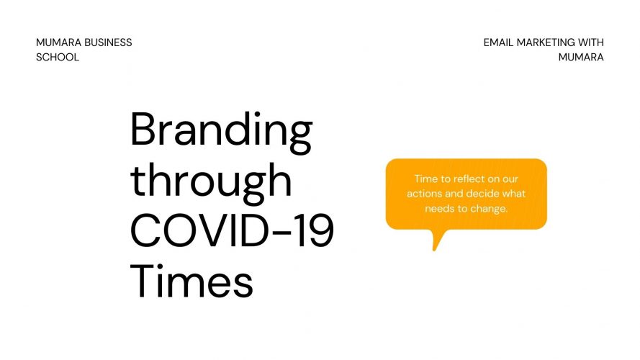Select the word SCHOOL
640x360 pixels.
[x=58, y=57]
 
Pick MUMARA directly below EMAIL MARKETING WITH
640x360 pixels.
[x=581, y=57]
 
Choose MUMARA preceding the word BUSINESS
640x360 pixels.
[x=59, y=42]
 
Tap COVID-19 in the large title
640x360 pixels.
[x=233, y=230]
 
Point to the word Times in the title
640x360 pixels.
[x=191, y=282]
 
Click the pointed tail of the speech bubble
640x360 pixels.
[x=434, y=249]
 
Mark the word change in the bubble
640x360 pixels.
[x=489, y=209]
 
